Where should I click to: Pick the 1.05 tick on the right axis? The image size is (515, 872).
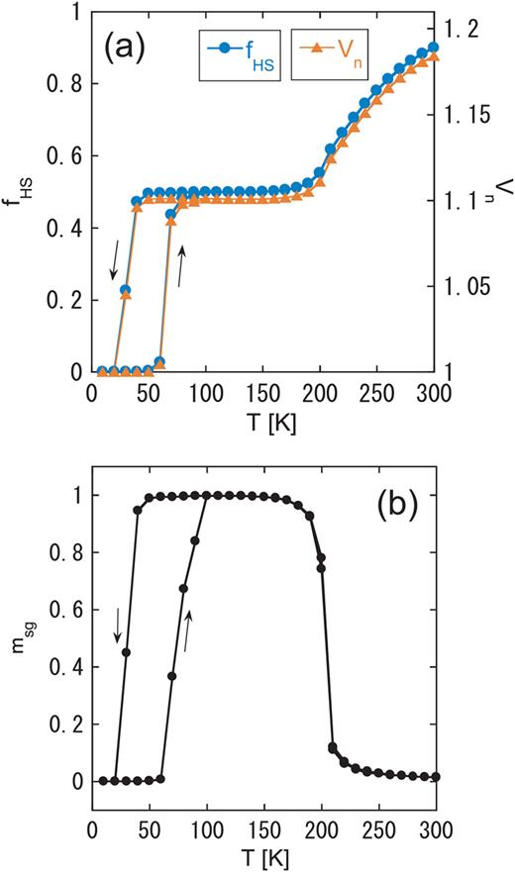tap(478, 286)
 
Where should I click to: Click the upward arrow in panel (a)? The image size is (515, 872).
tap(181, 266)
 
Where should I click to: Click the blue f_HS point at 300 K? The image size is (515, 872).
tap(433, 48)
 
